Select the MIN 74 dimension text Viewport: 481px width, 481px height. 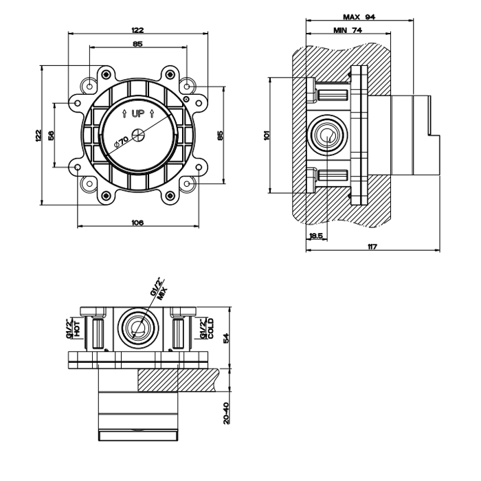tap(348, 30)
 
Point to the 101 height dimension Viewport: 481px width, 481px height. tap(267, 135)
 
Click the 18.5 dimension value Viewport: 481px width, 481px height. tap(316, 236)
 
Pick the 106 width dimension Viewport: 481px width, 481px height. tap(137, 222)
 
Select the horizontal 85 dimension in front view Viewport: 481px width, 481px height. tap(137, 44)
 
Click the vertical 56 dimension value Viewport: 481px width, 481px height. tap(52, 135)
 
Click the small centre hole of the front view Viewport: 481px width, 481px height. tap(138, 135)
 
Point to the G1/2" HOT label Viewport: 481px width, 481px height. tap(73, 328)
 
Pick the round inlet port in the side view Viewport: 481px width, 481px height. tap(328, 135)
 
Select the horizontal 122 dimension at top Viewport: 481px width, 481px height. tap(137, 30)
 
